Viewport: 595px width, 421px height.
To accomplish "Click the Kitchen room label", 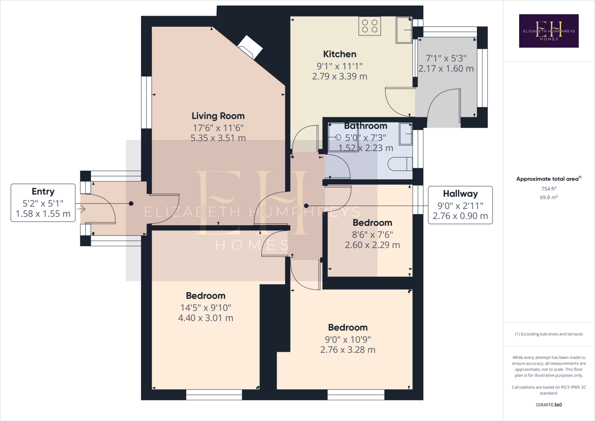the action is coord(340,54).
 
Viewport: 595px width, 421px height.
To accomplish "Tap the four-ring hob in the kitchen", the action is coord(370,26).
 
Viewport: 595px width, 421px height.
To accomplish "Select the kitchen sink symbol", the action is coord(404,30).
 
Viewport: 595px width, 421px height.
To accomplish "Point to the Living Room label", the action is coord(218,116).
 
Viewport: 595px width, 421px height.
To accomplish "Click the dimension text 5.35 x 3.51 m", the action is coord(218,138).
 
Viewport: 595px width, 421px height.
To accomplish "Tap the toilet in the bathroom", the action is coord(400,164).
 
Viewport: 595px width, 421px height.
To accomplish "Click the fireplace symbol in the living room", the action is coord(250,47).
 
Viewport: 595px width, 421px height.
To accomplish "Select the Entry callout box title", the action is coord(43,192).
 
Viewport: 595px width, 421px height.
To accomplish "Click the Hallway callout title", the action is coord(460,194).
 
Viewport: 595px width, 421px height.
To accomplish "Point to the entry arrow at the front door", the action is coord(81,209).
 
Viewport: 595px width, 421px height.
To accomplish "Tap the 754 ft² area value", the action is coord(549,189).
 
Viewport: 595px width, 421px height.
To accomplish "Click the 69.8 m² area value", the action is coord(549,197).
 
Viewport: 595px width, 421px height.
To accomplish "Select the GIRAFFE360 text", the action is coord(549,405).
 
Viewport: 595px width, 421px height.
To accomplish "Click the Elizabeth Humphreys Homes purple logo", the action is coord(549,31).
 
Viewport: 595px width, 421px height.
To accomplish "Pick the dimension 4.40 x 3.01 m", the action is coord(206,318).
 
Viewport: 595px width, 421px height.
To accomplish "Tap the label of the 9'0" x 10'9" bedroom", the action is coord(348,327).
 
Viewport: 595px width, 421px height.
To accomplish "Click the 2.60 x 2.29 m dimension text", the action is coord(372,245).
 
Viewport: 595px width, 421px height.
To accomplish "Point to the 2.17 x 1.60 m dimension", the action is coord(446,69).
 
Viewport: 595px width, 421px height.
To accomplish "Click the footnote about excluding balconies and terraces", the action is coord(549,334).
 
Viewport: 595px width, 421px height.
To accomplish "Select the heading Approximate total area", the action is coord(549,179).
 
